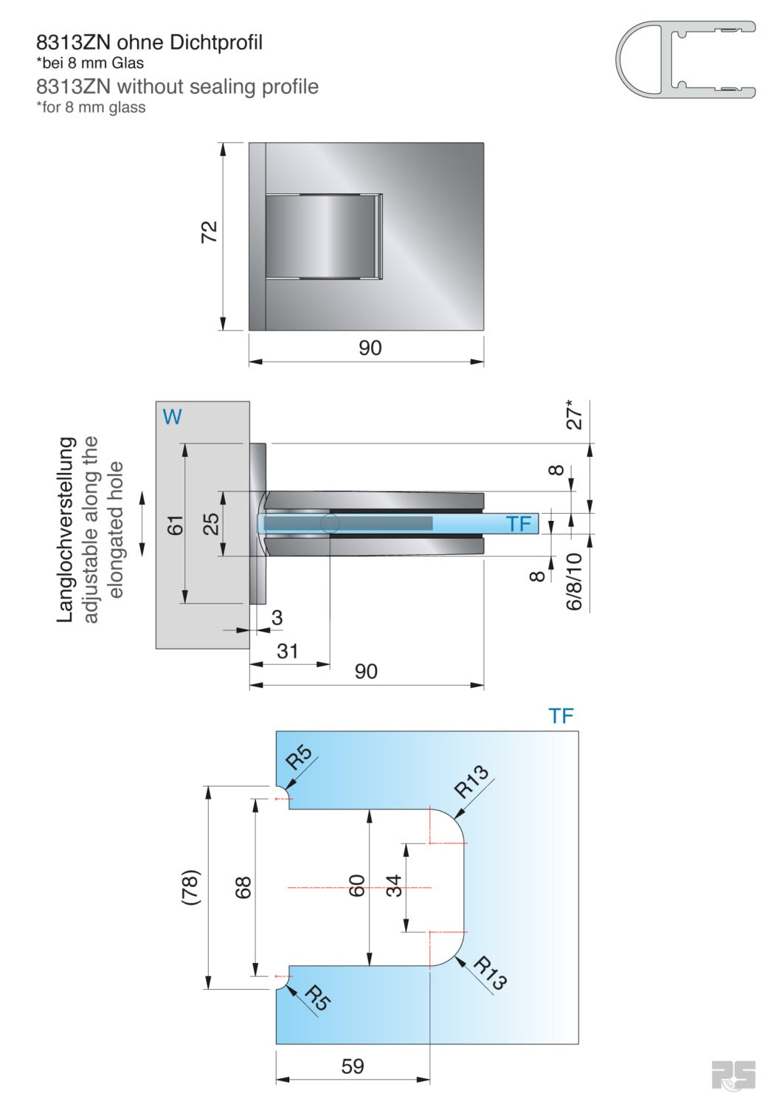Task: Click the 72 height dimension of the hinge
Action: (x=210, y=232)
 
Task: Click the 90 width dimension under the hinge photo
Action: (x=370, y=348)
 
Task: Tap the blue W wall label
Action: (x=172, y=417)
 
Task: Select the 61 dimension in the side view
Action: (x=175, y=525)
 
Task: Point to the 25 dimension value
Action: (x=211, y=523)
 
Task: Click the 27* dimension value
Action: (x=575, y=414)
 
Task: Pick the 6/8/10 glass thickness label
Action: (x=575, y=582)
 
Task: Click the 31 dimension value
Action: (x=287, y=651)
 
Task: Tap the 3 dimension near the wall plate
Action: (x=277, y=618)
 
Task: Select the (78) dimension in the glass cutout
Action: (x=190, y=887)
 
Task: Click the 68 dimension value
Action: (x=243, y=887)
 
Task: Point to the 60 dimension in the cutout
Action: (x=356, y=886)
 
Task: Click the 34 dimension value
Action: (x=394, y=886)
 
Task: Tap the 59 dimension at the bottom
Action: (x=353, y=1066)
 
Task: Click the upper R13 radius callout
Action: (x=471, y=782)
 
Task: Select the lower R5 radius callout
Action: (x=318, y=998)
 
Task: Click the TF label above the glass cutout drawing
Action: (x=561, y=716)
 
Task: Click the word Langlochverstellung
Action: (x=66, y=529)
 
